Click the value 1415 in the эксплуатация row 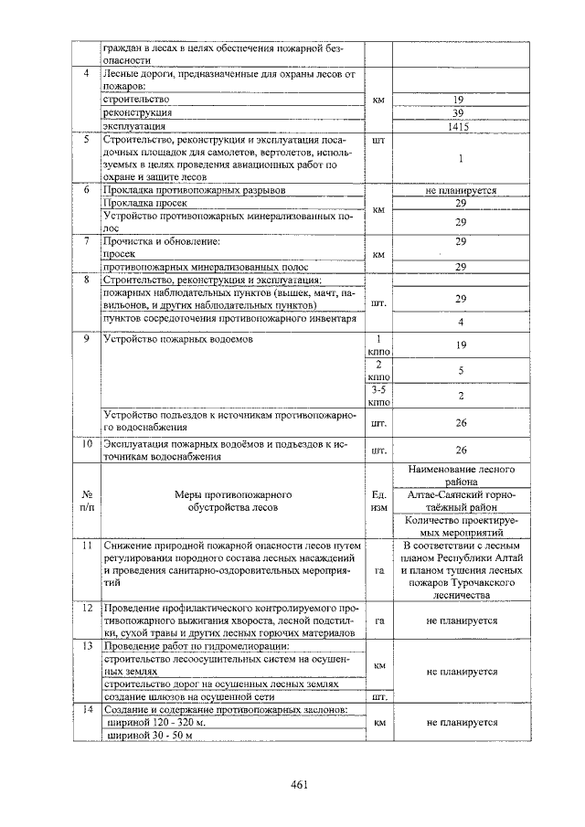459,127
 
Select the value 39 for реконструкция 459,112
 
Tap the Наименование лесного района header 461,474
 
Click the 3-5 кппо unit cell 378,395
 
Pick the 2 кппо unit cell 378,370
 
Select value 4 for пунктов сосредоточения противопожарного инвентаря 460,323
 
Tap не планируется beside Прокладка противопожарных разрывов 460,191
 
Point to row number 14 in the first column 85,709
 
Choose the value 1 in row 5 460,158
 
